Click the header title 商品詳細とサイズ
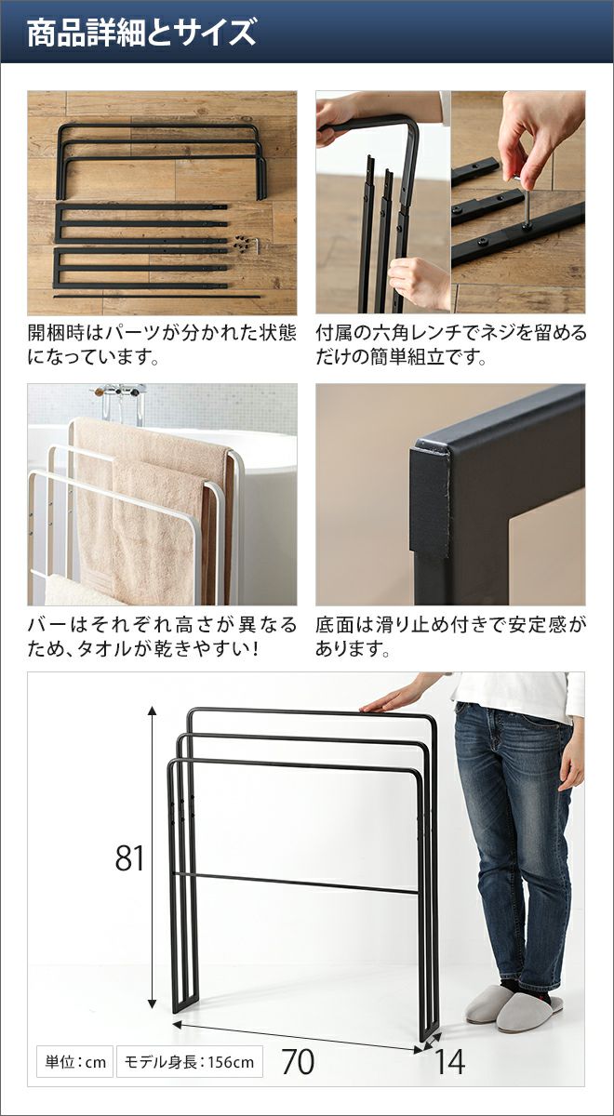141,33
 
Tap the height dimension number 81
129,857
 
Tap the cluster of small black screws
241,245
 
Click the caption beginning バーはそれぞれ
162,637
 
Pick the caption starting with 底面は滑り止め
451,637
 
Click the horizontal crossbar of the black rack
296,882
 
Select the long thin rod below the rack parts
156,296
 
